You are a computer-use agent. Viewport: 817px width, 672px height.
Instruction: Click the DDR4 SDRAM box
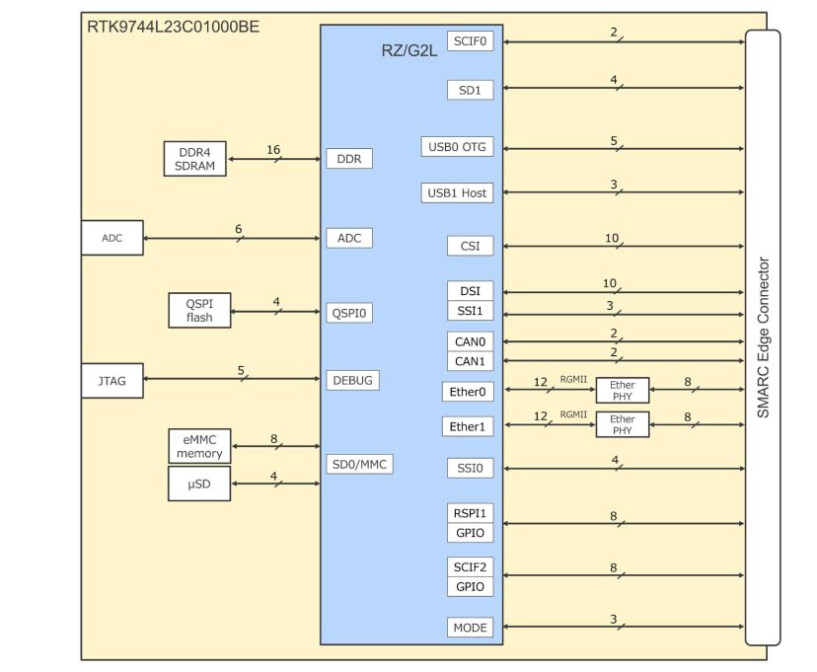point(195,159)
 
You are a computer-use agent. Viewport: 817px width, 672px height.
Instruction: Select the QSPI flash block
point(199,311)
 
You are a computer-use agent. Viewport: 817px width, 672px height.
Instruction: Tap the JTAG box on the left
point(111,381)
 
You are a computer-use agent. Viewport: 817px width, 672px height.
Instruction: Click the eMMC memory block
point(199,446)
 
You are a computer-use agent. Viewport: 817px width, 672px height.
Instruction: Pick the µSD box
point(199,484)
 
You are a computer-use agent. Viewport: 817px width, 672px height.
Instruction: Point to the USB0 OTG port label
point(457,147)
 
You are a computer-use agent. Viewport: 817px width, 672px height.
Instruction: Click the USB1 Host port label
point(457,193)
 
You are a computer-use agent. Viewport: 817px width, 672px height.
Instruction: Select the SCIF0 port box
point(470,41)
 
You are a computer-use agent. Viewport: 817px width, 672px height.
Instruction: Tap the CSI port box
point(470,246)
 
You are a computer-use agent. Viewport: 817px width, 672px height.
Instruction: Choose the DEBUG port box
point(352,379)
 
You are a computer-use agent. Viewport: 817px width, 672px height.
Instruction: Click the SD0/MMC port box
point(359,463)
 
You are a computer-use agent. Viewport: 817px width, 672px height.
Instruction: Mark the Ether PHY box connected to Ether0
point(623,391)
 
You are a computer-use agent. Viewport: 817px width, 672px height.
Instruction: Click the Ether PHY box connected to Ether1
point(623,425)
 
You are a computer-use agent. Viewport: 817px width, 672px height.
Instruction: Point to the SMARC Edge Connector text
point(763,337)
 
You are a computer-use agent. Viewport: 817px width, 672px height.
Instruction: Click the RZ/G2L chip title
point(410,51)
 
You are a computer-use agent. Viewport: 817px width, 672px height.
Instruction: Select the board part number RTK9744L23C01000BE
point(174,27)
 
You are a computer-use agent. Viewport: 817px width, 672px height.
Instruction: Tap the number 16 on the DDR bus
point(273,150)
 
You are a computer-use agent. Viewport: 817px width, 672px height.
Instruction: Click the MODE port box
point(470,628)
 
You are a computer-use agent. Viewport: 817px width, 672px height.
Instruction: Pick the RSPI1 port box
point(470,514)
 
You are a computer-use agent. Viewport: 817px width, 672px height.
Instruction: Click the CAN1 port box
point(470,361)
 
